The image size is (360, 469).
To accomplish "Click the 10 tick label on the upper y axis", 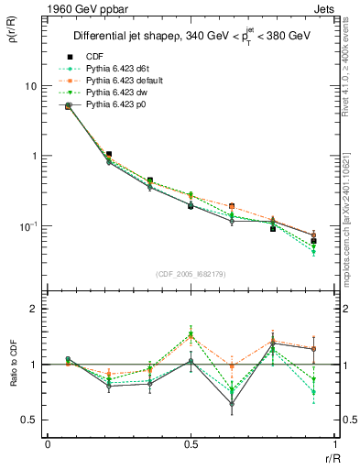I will pyautogui.click(x=30, y=86).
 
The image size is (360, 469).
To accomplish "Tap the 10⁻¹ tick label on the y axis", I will pyautogui.click(x=28, y=226).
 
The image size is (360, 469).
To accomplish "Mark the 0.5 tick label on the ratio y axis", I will pyautogui.click(x=30, y=420).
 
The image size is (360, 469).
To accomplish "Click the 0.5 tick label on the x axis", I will pyautogui.click(x=191, y=444).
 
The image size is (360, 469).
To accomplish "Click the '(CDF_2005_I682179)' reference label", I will pyautogui.click(x=190, y=274).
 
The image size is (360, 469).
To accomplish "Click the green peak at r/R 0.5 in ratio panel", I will pyautogui.click(x=191, y=333).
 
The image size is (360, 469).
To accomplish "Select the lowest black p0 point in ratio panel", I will pyautogui.click(x=232, y=403).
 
